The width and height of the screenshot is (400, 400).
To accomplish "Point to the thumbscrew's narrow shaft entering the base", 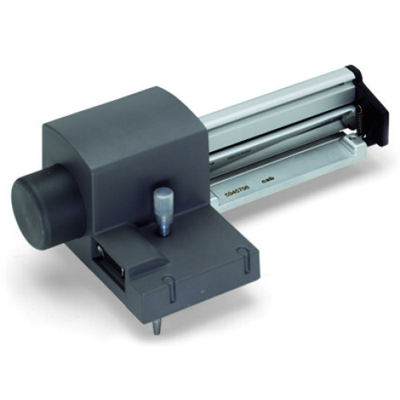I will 163,225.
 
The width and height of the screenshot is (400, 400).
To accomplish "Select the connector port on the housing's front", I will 107,259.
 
